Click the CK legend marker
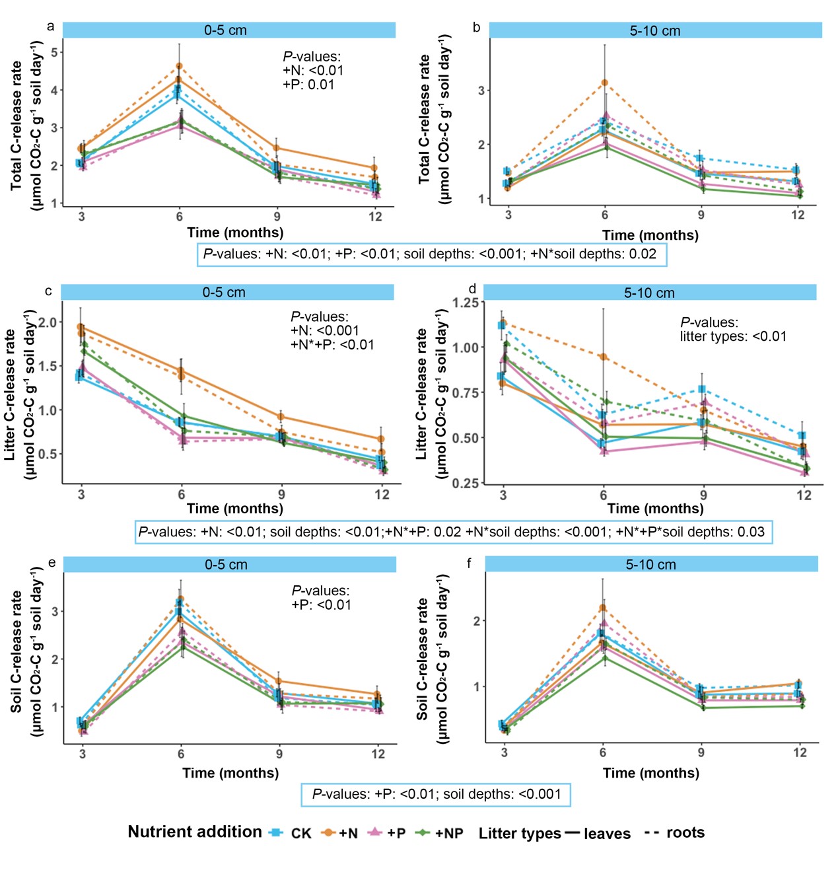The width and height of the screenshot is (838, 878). [x=276, y=832]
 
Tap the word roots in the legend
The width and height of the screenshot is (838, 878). [x=685, y=832]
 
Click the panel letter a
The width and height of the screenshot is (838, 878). [x=51, y=26]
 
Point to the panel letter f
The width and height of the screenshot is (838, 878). [x=469, y=563]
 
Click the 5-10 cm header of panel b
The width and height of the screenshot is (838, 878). [x=654, y=30]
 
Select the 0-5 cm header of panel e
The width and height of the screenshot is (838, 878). [x=226, y=565]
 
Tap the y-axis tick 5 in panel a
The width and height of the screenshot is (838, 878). [x=55, y=52]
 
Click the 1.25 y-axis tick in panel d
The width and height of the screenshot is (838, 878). [x=466, y=303]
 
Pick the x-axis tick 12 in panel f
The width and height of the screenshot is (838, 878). [x=800, y=752]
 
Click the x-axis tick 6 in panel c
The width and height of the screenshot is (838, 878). [x=181, y=495]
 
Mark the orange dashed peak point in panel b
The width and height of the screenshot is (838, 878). [x=604, y=83]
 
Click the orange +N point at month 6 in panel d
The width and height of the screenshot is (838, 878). [x=603, y=357]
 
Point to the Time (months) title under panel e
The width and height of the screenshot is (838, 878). [x=230, y=773]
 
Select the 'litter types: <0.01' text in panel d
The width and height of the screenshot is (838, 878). [x=733, y=336]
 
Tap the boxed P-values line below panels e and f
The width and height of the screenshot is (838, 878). [x=436, y=794]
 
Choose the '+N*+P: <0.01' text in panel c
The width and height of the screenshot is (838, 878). [x=332, y=344]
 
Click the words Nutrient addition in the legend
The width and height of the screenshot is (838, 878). [x=195, y=832]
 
